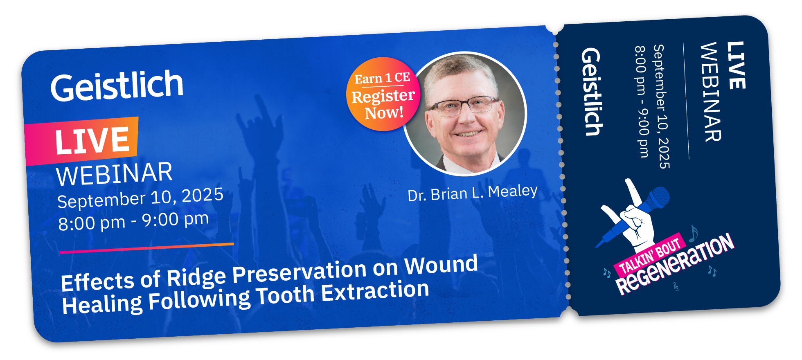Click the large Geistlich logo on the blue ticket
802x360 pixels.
click(117, 86)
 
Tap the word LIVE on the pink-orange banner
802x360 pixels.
click(92, 140)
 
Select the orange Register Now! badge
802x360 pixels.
click(383, 94)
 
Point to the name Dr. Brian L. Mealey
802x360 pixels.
click(473, 193)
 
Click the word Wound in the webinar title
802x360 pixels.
click(441, 265)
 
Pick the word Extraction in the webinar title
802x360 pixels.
click(375, 291)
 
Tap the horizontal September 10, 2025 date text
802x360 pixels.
click(140, 198)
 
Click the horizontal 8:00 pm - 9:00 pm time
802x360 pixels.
click(133, 221)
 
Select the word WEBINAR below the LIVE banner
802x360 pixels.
click(114, 173)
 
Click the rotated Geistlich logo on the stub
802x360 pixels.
click(592, 92)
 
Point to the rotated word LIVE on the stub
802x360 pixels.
click(736, 65)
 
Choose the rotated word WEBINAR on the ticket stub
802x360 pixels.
click(711, 92)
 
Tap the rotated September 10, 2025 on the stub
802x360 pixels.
click(661, 106)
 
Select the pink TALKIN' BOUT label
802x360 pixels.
click(650, 257)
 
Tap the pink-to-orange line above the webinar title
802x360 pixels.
click(146, 248)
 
